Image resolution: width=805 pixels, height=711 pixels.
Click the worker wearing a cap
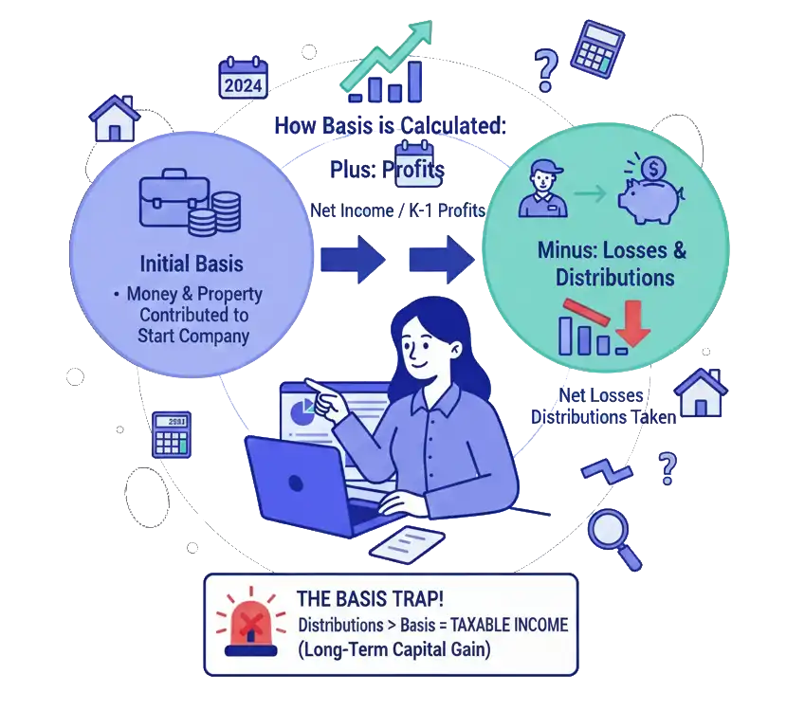542,189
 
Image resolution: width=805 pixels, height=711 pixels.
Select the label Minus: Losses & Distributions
614,264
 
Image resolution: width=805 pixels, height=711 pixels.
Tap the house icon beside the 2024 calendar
115,118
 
